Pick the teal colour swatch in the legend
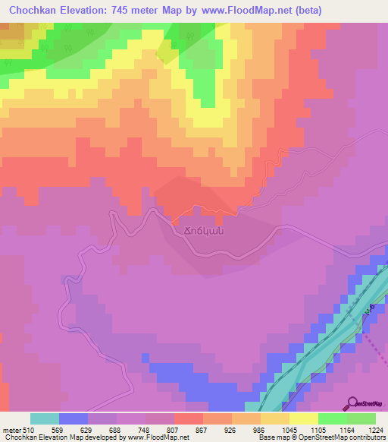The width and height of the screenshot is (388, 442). tap(45, 418)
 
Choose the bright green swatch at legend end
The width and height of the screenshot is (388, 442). tap(361, 418)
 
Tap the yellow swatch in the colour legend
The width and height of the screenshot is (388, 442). tap(304, 418)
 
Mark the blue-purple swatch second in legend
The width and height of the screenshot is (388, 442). tap(74, 418)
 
